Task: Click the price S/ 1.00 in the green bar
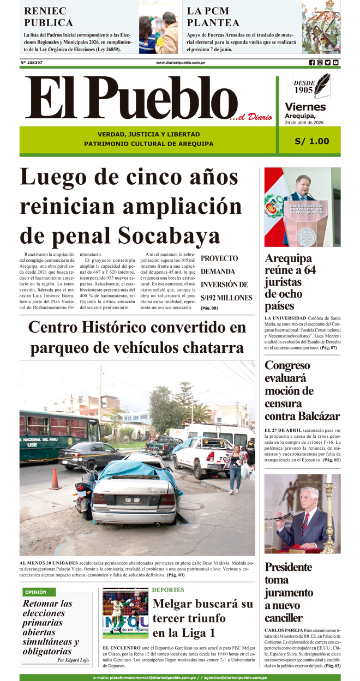click(x=311, y=141)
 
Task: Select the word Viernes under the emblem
click(x=305, y=107)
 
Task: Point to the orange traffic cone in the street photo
click(x=55, y=478)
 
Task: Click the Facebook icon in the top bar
click(x=312, y=63)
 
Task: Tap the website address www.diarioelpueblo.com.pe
click(x=180, y=63)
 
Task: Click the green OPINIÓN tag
click(x=36, y=592)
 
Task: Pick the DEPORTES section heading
click(x=168, y=590)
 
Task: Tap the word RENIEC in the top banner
click(x=45, y=11)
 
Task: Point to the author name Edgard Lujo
click(x=73, y=660)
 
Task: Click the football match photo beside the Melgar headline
click(x=125, y=613)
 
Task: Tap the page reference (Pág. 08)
click(x=209, y=309)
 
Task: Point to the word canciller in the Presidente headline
click(x=283, y=618)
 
